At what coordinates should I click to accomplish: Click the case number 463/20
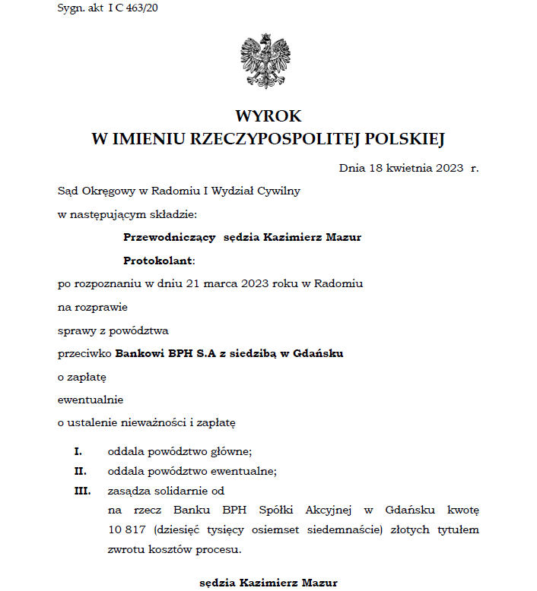142,8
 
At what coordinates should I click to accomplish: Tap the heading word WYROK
268,116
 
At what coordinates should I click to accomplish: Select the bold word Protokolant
158,261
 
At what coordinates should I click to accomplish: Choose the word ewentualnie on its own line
91,399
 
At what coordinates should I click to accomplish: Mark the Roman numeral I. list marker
78,450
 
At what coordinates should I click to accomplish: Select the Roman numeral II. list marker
80,470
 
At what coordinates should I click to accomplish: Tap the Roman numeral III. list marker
81,490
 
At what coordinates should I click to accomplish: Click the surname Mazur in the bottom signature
319,583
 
